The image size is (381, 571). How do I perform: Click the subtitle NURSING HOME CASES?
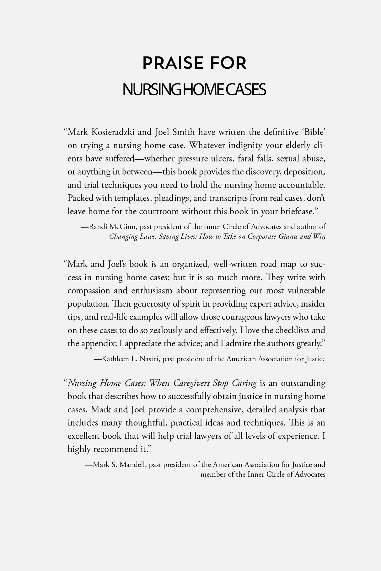(194, 90)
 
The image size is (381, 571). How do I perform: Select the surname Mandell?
(133, 464)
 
